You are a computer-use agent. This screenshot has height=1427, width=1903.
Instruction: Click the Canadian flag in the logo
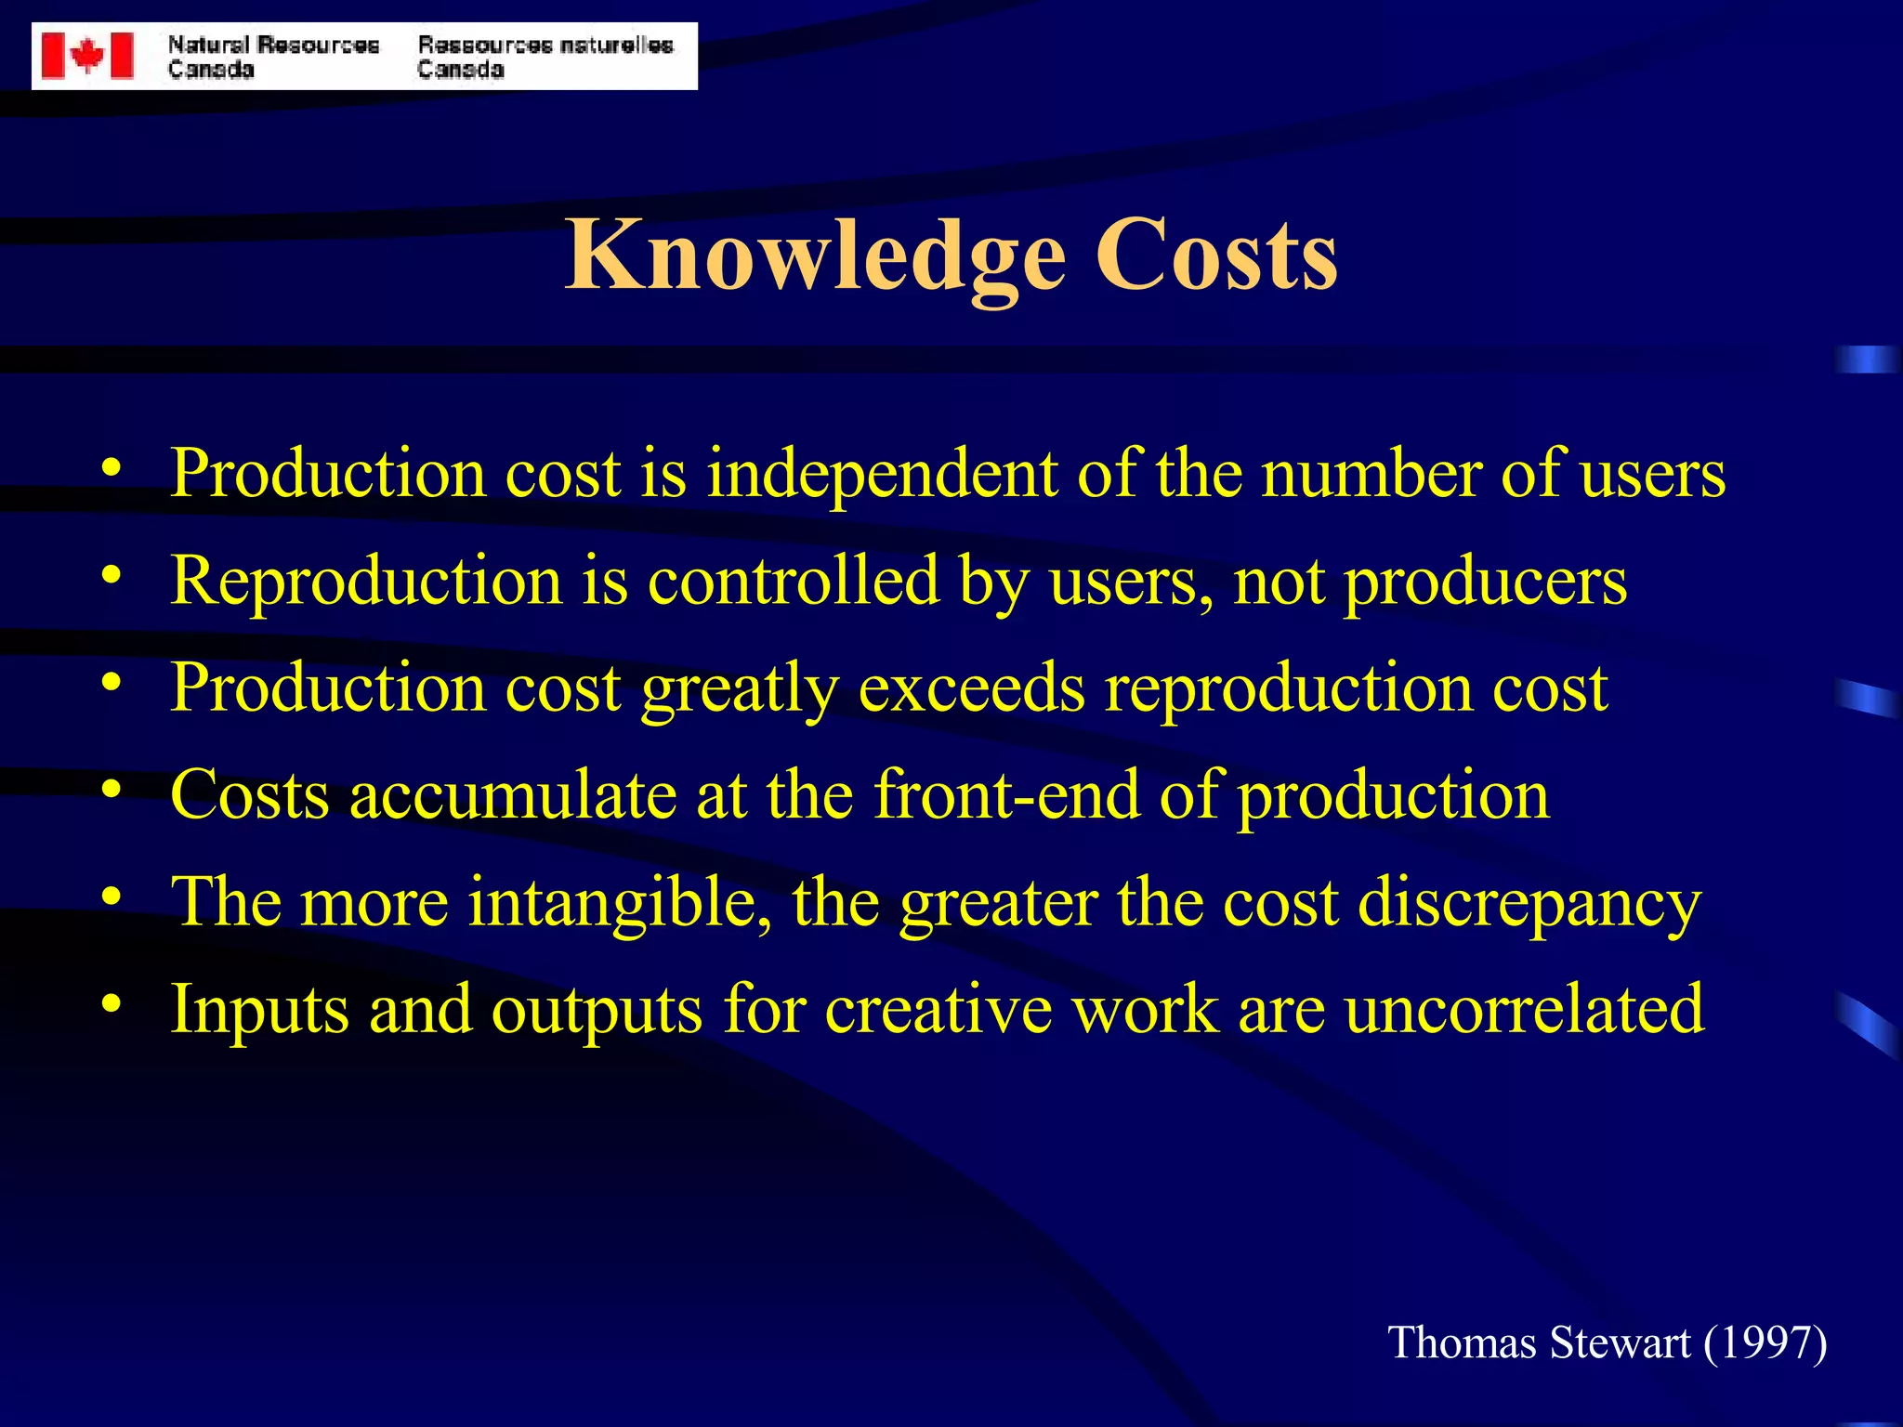point(87,56)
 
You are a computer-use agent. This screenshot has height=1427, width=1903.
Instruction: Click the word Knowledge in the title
point(816,255)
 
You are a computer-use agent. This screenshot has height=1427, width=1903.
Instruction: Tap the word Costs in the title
point(1216,255)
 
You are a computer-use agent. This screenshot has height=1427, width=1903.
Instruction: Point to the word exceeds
point(971,688)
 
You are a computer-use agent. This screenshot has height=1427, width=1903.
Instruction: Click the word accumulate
point(513,795)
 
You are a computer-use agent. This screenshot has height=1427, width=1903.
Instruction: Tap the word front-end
point(1006,795)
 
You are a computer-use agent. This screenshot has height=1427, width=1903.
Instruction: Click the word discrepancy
point(1529,904)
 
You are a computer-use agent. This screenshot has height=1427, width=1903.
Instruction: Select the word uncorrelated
point(1524,1009)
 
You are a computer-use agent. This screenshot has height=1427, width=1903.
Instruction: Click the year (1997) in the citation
point(1765,1343)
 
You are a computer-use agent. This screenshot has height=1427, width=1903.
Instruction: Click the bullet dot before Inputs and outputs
point(112,1004)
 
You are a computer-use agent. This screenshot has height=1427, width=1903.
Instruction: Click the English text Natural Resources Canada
point(273,57)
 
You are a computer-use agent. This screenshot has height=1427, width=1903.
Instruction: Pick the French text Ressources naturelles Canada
point(545,57)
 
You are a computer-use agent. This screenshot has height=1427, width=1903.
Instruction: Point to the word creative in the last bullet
point(938,1009)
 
